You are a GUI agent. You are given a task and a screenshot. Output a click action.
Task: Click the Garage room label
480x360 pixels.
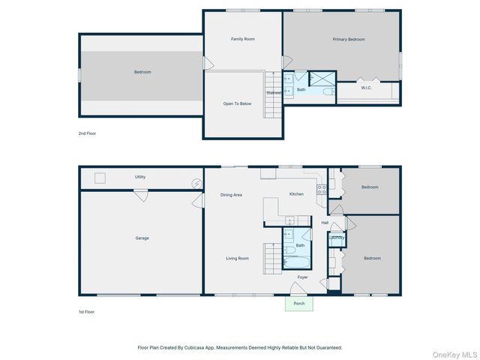point(142,238)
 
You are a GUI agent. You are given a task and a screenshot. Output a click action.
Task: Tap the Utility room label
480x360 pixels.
point(140,177)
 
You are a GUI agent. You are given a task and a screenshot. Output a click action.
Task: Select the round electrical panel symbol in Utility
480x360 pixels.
point(196,182)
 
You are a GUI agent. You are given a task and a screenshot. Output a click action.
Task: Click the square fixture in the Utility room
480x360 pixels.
point(99,178)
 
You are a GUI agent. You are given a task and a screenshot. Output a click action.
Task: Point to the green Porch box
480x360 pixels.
point(299,304)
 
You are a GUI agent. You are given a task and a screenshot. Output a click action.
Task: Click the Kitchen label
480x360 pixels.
point(296,194)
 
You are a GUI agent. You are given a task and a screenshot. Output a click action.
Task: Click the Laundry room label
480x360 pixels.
point(336,238)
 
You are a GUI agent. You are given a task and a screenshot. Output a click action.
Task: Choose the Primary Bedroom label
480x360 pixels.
point(349,39)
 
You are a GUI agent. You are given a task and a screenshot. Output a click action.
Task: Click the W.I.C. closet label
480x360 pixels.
point(366,88)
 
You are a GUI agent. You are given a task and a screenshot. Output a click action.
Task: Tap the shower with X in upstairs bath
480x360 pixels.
point(322,78)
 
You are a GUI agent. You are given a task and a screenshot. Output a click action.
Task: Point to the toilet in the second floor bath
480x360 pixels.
point(328,91)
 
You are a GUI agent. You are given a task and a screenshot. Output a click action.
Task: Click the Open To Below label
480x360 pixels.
point(237,103)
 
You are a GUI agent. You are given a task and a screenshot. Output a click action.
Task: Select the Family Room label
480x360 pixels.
point(242,39)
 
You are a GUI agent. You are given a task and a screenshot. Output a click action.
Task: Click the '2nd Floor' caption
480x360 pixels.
point(88,133)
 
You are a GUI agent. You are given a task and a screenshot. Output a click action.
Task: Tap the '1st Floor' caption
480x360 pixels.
point(87,311)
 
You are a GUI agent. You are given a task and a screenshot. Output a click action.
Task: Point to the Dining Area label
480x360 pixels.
point(231,195)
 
